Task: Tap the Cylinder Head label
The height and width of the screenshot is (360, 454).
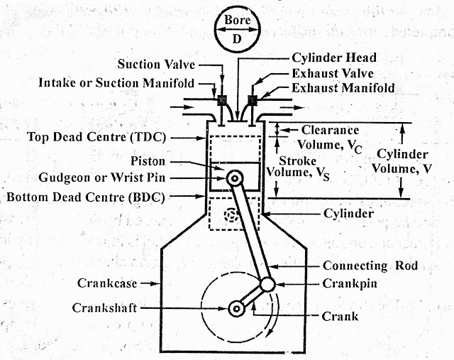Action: pyautogui.click(x=335, y=58)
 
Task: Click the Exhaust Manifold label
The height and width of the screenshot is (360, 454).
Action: pyautogui.click(x=342, y=89)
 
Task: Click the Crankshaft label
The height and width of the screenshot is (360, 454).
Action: pyautogui.click(x=105, y=307)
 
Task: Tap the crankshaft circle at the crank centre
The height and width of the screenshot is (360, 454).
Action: pyautogui.click(x=236, y=308)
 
